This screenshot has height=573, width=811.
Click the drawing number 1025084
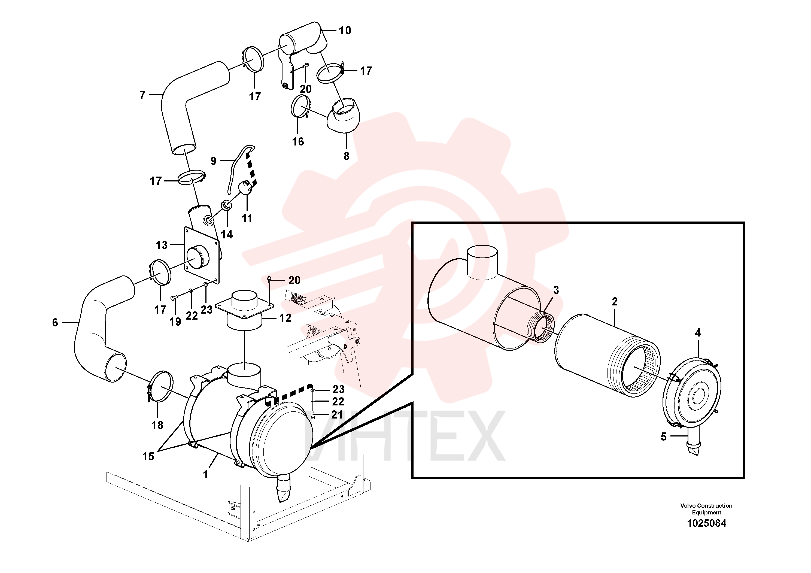coord(706,523)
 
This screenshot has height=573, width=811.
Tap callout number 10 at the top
coord(345,31)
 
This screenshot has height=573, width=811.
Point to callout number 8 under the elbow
coord(347,156)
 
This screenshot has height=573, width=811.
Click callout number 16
coord(298,142)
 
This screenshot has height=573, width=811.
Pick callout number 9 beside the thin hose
coord(213,161)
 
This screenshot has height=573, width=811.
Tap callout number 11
coord(247,219)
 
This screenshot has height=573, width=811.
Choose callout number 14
coord(227,234)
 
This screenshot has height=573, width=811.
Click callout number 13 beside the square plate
coord(162,245)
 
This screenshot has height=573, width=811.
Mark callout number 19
coord(175,322)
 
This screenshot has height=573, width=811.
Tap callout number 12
coord(285,318)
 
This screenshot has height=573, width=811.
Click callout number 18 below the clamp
coord(157,425)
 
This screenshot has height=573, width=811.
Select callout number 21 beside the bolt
coord(337,414)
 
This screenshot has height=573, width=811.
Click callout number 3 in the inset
coord(556,290)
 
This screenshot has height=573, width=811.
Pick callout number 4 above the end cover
coord(698,332)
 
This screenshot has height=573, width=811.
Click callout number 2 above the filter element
coord(615,302)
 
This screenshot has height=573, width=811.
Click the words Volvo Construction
coord(706,505)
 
